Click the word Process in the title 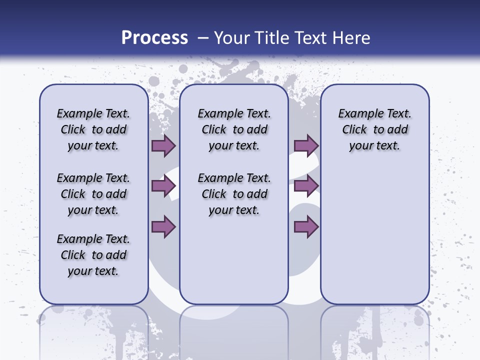tap(154, 38)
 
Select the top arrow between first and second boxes tap(163, 145)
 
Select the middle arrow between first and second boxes tap(163, 186)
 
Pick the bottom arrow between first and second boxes tap(163, 226)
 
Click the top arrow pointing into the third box tap(306, 145)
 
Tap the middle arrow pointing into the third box tap(306, 186)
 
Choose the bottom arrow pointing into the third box tap(306, 226)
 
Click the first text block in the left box tap(93, 129)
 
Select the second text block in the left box tap(93, 194)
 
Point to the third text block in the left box tap(93, 255)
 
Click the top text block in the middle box tap(234, 129)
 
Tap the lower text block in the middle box tap(234, 194)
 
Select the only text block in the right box tap(375, 129)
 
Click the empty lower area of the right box tap(375, 235)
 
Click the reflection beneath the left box tap(94, 330)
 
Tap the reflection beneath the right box tap(375, 330)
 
